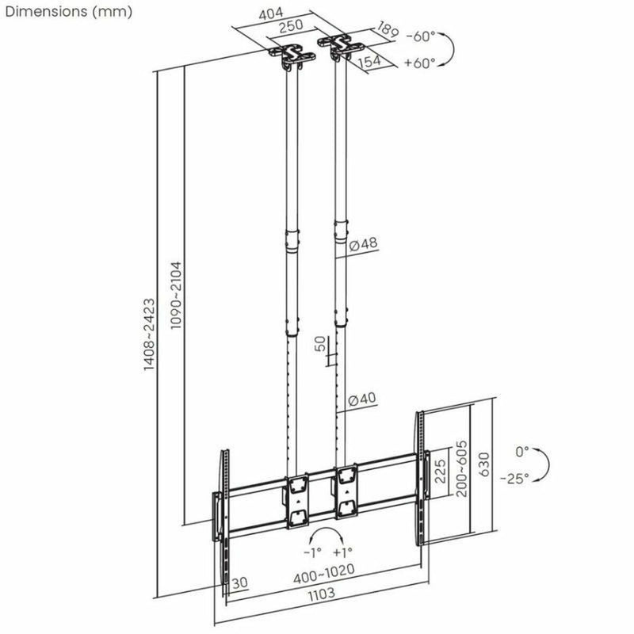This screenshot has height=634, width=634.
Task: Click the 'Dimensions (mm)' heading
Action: [x=67, y=12]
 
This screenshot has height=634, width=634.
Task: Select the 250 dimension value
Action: [x=288, y=28]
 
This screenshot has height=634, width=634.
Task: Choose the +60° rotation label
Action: [x=420, y=63]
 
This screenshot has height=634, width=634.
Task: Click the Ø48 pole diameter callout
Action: [x=363, y=244]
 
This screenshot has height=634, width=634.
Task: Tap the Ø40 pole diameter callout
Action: [x=363, y=398]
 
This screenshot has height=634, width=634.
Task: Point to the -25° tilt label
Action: [x=515, y=478]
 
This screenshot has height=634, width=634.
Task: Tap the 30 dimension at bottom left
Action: [x=241, y=582]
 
